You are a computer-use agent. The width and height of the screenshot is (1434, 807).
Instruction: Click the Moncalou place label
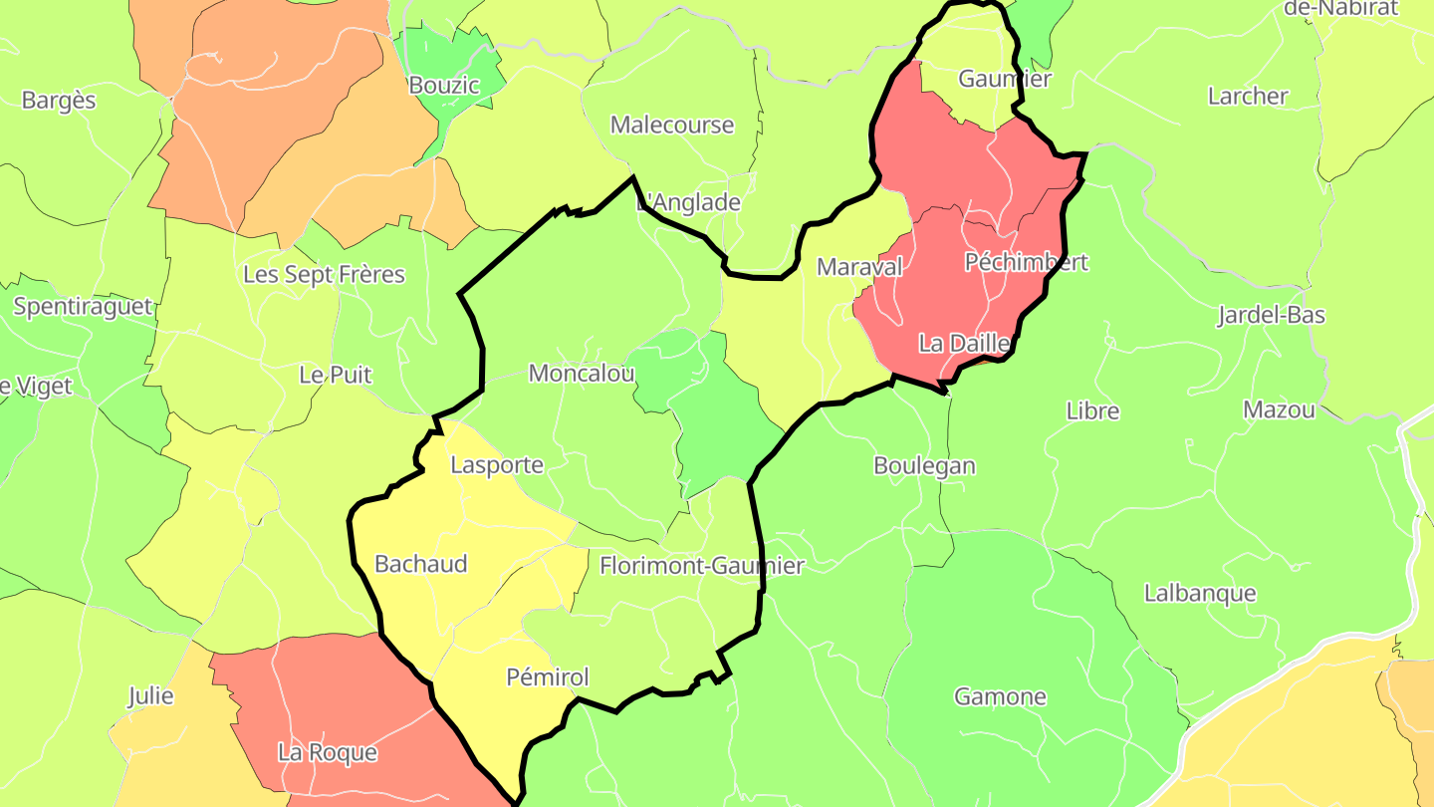coord(582,374)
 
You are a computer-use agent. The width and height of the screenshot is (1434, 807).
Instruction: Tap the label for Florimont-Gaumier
coord(702,566)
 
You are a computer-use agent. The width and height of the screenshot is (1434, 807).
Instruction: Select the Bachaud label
coord(420,564)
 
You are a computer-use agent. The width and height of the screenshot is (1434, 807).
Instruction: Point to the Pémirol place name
coord(548,677)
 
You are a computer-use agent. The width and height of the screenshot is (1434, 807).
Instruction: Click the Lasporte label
coord(497,464)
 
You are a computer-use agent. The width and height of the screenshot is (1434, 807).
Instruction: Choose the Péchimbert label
coord(1027,262)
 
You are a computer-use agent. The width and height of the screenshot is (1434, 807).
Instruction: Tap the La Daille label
coord(964,344)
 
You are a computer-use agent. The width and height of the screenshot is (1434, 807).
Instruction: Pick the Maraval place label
coord(859,267)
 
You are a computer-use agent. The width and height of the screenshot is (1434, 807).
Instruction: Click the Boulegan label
coord(924,465)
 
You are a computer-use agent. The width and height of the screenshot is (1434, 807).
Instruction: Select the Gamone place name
coord(1000,696)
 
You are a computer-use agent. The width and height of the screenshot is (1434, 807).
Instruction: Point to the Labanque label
coord(1200,593)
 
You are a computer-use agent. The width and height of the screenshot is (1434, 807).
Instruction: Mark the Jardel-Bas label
coord(1271,316)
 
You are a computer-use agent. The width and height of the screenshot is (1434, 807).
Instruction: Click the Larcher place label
coord(1248,97)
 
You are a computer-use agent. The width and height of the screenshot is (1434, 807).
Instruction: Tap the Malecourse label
coord(672,126)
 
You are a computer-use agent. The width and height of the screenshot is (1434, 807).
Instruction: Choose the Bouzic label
coord(444,86)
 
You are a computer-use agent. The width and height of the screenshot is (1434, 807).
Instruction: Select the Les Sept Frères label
coord(324,274)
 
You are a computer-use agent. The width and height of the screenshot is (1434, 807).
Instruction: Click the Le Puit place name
coord(336,375)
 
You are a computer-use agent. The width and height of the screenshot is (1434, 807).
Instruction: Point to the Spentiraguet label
coord(84,306)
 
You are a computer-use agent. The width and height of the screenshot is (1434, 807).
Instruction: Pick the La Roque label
coord(328,752)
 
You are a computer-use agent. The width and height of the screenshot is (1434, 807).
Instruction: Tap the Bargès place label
coord(59,101)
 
